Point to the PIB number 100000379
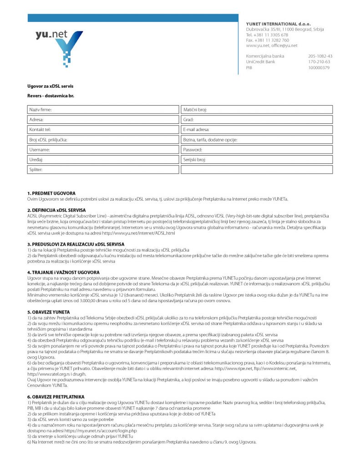(319, 67)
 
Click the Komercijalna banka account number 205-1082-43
(320, 56)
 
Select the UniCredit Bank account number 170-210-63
(319, 62)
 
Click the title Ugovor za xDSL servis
(50, 86)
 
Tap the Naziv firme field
(103, 110)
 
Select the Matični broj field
(257, 110)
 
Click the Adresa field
(103, 120)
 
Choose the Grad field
(257, 120)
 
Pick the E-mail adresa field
(257, 130)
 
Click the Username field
(103, 150)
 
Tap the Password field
(257, 150)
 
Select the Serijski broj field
(257, 160)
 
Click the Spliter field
(103, 170)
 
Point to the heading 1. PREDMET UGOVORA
(51, 193)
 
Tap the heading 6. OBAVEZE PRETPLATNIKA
(56, 397)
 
